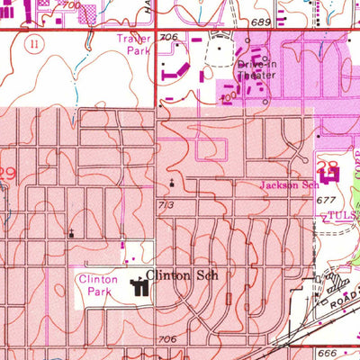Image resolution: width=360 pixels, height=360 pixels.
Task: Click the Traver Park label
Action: point(132,45)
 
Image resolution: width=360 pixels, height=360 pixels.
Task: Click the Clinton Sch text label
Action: point(183,277)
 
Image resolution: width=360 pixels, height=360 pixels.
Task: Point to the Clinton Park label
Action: point(98,285)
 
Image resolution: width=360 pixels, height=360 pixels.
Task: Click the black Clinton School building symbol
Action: point(140,288)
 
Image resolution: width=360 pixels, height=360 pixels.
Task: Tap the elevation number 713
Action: point(164,205)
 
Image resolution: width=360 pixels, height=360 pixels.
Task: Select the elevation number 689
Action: point(261,20)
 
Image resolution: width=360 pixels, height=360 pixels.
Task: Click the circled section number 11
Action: point(35,41)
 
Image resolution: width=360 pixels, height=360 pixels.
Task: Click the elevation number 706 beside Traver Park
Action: point(168,37)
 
